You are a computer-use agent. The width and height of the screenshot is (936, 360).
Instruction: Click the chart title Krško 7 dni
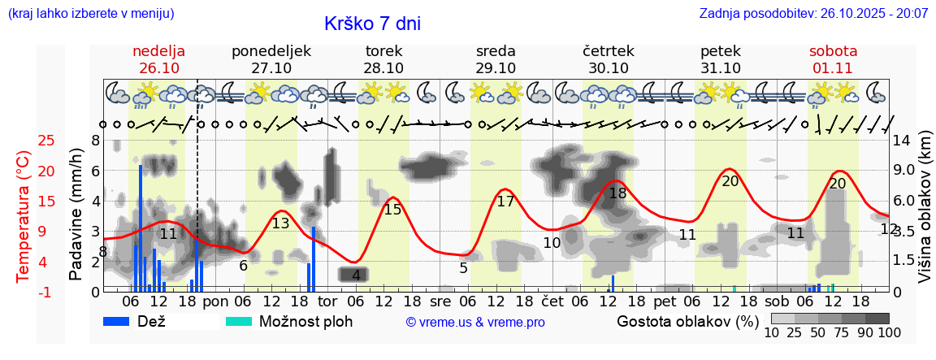pos(372,24)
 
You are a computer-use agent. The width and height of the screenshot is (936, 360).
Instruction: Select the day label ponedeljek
pos(271,51)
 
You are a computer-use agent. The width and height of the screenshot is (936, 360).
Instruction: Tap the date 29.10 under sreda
pos(496,68)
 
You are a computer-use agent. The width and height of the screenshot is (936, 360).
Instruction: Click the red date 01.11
pos(833,68)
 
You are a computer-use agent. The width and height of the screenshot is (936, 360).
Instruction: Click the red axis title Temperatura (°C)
pos(24,215)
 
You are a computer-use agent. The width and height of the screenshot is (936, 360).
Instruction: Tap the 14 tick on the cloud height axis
pos(901,141)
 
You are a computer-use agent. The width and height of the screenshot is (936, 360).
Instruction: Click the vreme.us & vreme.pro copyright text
pos(475,322)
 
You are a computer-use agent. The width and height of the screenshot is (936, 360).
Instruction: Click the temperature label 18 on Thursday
pos(617,193)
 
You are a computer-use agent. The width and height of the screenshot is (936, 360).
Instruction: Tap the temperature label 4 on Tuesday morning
pos(356,275)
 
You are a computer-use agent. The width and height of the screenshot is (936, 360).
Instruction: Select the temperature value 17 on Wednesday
pos(505,202)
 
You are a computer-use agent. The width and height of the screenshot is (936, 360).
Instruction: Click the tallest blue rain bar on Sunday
pos(141,228)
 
